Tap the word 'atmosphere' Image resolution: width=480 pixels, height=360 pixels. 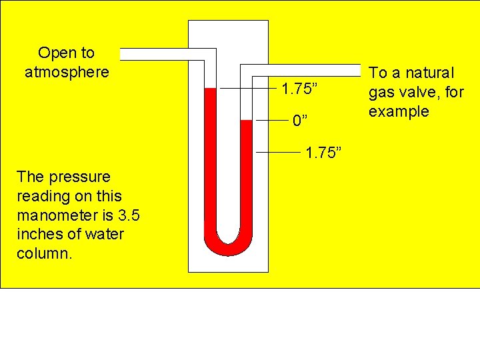tap(67, 71)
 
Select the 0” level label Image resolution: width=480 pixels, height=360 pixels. tap(300, 121)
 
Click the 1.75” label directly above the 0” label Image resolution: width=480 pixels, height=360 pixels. tap(303, 89)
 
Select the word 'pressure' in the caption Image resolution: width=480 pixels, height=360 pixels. tap(75, 177)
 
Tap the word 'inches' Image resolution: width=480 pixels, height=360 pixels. tap(39, 235)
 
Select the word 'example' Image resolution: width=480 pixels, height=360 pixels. tap(399, 111)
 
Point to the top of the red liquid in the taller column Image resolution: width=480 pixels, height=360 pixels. tap(211, 89)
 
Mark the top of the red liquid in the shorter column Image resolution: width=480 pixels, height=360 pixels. tap(245, 121)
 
